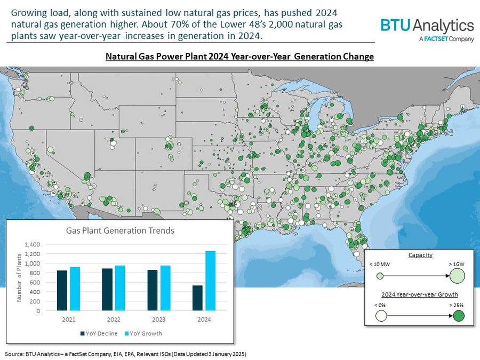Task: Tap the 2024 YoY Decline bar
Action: [x=197, y=298]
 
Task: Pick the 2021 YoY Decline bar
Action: [x=62, y=290]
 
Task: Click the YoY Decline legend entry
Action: [x=98, y=333]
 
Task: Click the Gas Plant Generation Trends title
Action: [x=120, y=231]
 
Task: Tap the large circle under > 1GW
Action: [x=458, y=276]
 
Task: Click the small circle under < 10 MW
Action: [x=380, y=276]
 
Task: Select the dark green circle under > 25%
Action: [x=458, y=316]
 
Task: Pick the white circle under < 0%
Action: [x=381, y=316]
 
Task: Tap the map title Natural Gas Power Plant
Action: [x=240, y=56]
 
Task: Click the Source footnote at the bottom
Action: [x=126, y=354]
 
